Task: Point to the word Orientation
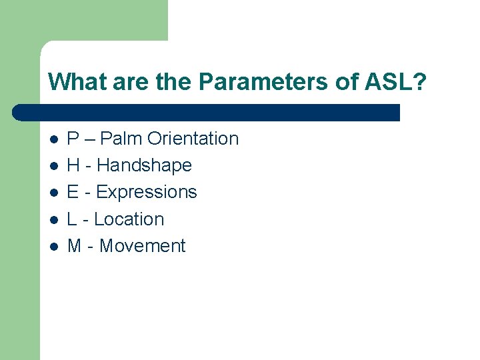tap(193, 139)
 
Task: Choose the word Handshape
tap(144, 165)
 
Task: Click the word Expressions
tap(147, 192)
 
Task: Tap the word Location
tap(129, 219)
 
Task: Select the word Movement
tap(142, 246)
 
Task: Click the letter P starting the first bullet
tap(73, 139)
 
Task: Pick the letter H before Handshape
tap(74, 165)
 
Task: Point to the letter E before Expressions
tap(73, 192)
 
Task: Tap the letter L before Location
tap(73, 219)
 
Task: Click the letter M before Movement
tap(75, 246)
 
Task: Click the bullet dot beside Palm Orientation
tap(53, 139)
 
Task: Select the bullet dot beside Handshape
tap(53, 166)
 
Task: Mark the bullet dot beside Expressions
tap(53, 193)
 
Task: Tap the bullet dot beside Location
tap(53, 219)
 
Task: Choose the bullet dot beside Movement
tap(53, 247)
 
